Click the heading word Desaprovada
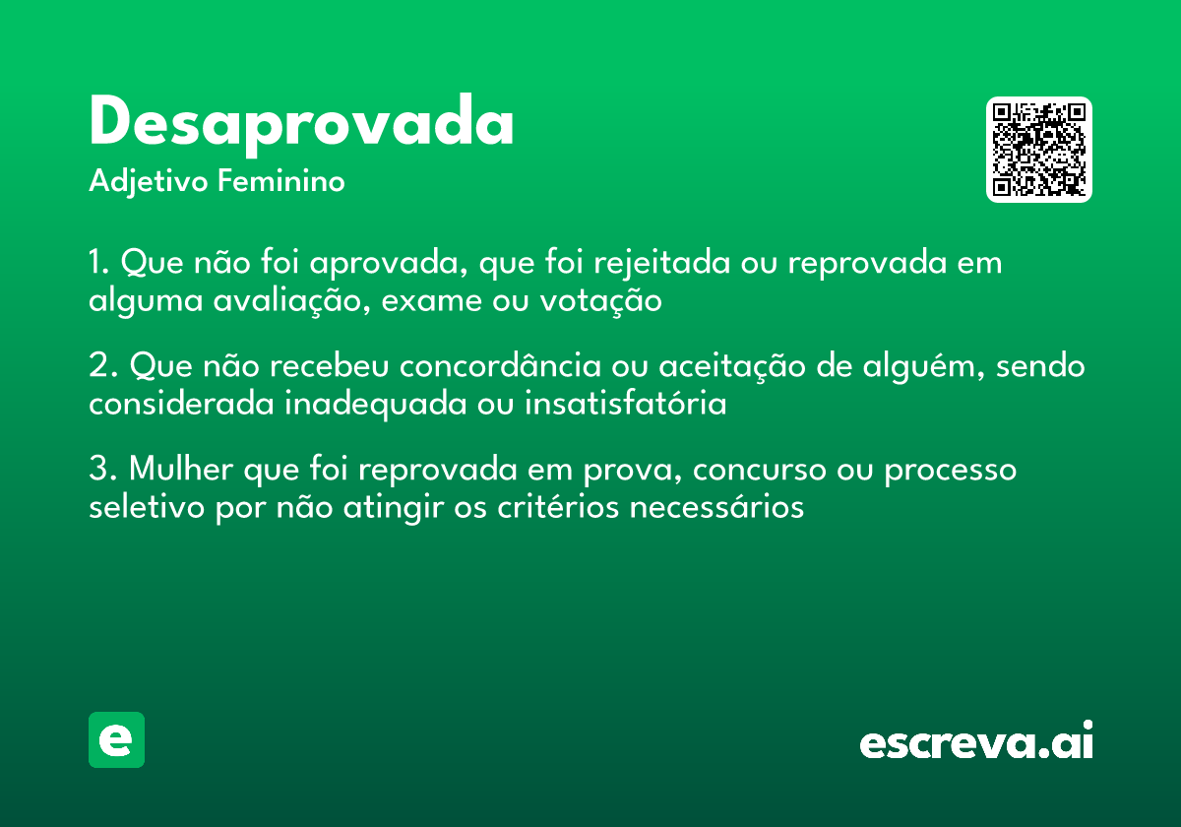coord(301,123)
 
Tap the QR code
coord(1038,150)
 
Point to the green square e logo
coord(116,739)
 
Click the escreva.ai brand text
coord(976,742)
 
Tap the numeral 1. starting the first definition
coord(98,264)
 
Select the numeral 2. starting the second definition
coord(101,366)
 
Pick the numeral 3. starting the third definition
coord(101,470)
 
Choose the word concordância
coord(500,366)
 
